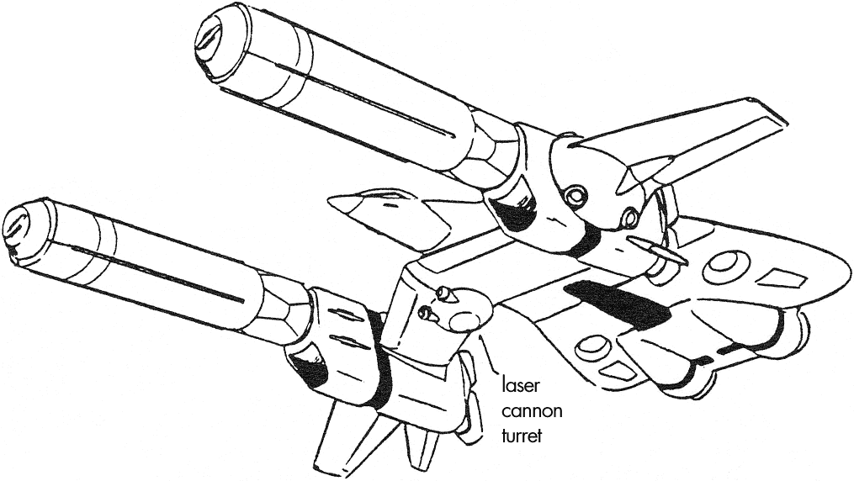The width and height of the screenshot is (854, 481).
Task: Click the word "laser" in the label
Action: (x=520, y=385)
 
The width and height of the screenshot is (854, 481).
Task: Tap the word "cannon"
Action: (x=532, y=411)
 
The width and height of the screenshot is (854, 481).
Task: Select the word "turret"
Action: (x=522, y=436)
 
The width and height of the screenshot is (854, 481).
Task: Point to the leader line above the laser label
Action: (x=488, y=354)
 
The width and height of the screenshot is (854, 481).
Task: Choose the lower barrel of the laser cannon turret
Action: (x=427, y=313)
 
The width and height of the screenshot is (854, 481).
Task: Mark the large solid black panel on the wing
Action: (x=618, y=304)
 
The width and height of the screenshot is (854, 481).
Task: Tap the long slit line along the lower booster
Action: (x=158, y=274)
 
